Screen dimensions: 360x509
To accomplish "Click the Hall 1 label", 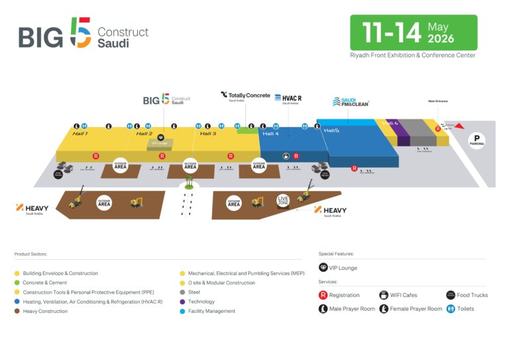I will pos(80,134).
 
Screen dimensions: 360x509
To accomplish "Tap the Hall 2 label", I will pos(144,134).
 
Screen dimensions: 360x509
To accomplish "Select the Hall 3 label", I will pos(208,134).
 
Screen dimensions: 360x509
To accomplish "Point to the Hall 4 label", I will pos(270,134).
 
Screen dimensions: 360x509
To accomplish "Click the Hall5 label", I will pos(331,131).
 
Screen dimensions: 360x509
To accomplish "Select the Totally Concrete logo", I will pos(245,96).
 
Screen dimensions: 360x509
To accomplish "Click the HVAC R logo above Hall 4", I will pos(287,99).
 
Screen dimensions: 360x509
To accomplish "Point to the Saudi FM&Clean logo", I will pos(351,101).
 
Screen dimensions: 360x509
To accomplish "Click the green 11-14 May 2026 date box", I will pos(414,32).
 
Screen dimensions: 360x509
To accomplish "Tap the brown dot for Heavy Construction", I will pos(17,311).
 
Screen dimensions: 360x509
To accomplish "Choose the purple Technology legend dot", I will pos(182,302).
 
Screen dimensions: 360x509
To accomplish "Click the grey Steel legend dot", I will pos(182,292).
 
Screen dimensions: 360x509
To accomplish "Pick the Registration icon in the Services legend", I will pos(323,295).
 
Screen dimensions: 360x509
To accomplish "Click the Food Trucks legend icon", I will pos(450,295).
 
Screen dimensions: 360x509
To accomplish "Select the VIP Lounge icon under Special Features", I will pos(323,267).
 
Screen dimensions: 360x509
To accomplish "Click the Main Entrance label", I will pos(438,101).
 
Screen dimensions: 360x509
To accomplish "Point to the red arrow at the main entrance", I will pos(459,126).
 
